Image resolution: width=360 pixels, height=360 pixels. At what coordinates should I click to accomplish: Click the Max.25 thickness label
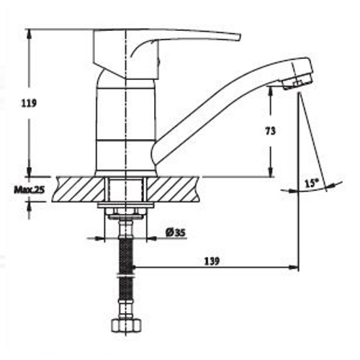[28, 189]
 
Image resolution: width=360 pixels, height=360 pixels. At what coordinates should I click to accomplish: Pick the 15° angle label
[311, 184]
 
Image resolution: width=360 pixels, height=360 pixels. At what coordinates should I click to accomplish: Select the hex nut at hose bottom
[125, 325]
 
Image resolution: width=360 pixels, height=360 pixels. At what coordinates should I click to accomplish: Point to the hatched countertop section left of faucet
[76, 189]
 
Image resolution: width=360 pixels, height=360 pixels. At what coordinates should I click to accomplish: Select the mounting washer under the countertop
[125, 210]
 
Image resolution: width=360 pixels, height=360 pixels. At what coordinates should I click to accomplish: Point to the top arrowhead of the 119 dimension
[29, 33]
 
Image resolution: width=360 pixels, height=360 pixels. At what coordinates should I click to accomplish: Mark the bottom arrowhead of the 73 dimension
[271, 172]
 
